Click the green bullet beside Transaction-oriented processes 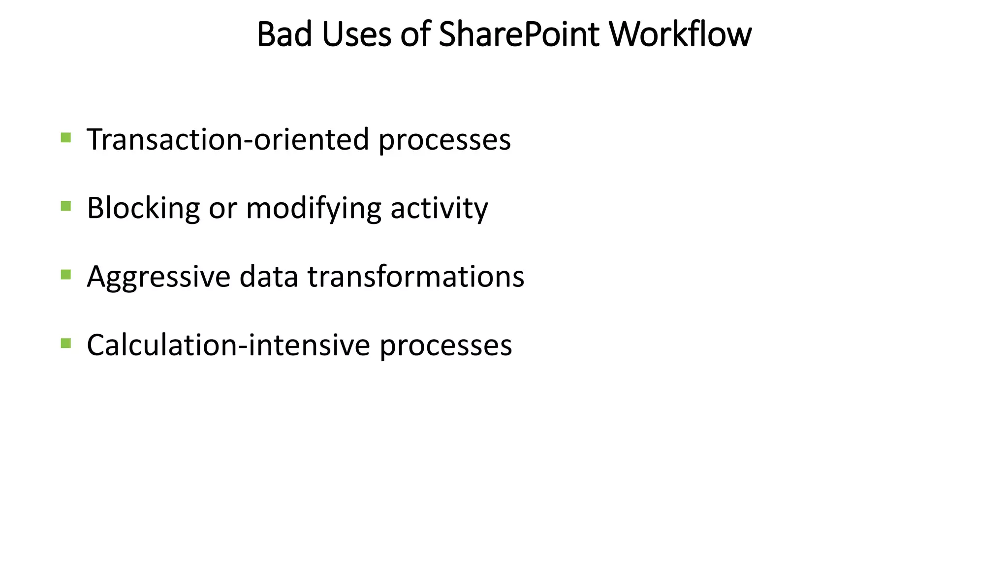point(66,137)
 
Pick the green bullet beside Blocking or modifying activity point(66,205)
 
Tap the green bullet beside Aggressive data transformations point(66,274)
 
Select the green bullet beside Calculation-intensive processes point(66,343)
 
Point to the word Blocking point(143,208)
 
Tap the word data point(269,276)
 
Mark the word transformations point(416,276)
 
